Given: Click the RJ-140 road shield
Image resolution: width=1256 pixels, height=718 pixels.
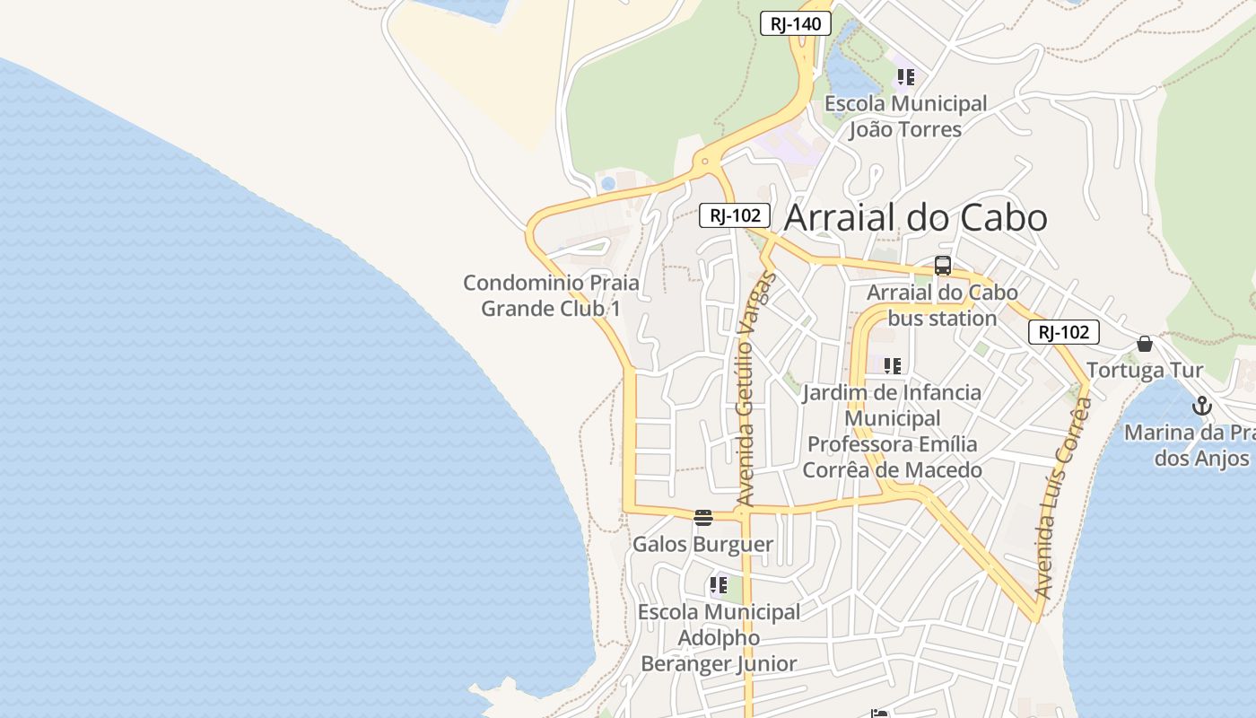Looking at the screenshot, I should coord(796,24).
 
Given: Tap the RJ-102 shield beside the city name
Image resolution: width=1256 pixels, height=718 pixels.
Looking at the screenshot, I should coord(735,215).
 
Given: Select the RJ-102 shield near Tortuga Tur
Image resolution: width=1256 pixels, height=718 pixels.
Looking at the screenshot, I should coord(1063,332).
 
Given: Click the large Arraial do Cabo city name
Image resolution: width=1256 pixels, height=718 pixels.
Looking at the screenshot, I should coord(915,218).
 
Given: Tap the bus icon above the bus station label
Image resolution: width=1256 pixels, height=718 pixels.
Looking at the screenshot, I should coord(942,266).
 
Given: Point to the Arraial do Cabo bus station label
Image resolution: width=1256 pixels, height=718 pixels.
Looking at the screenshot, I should coord(942,305).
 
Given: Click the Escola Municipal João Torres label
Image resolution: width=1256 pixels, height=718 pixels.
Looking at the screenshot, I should coord(905,117).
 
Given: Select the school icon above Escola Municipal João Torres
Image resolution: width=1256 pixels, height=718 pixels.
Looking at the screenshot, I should coord(905,77).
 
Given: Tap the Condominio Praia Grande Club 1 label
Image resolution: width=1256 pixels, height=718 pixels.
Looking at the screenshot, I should coord(551,295).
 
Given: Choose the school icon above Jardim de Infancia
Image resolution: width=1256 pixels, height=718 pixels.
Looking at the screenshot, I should coord(892,366).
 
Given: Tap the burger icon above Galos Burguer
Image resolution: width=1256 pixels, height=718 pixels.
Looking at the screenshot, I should coord(702,518).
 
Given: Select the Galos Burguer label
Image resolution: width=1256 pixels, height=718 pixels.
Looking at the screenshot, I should coord(702,545).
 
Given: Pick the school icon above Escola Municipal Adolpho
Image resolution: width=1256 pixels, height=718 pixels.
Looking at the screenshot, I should coord(718,586).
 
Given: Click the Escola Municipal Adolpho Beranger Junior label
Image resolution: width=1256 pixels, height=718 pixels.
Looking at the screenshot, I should coord(719,638).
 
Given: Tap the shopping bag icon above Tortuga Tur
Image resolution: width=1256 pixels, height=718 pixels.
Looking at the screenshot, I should coord(1145,344).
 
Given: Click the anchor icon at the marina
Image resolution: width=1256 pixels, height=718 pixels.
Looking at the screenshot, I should coord(1201,406).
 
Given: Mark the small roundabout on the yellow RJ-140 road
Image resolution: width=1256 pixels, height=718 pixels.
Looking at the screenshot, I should coord(705,162).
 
